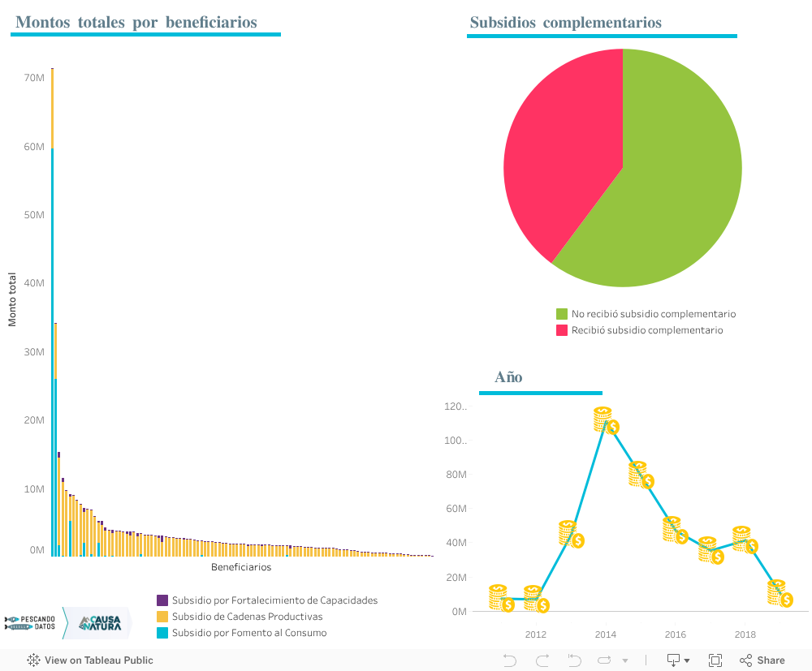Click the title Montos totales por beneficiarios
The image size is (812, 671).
[136, 23]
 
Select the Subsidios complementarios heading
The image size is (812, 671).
[565, 23]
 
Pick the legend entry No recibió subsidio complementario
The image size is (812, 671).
[654, 314]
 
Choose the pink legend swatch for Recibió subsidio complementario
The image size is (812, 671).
[562, 330]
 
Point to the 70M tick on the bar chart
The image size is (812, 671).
[34, 78]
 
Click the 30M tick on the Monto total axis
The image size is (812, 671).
[34, 351]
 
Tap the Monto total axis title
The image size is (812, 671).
[12, 299]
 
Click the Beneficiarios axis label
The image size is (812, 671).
[241, 567]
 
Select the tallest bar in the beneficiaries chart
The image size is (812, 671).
[52, 308]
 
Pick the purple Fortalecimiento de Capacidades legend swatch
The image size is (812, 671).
[162, 600]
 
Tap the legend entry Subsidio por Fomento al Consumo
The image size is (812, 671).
[248, 633]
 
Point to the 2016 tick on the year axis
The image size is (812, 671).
[675, 634]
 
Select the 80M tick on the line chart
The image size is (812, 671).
[456, 475]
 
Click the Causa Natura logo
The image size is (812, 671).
[99, 623]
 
